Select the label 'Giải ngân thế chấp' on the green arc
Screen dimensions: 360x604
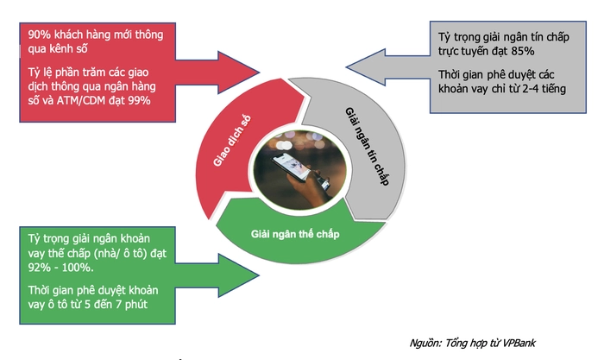tap(296, 235)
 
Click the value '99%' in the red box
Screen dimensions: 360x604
tap(139, 101)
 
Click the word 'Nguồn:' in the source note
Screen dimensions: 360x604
tap(429, 342)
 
